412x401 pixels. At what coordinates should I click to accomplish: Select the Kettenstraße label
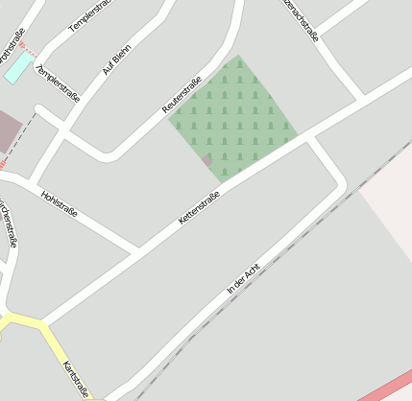click(199, 209)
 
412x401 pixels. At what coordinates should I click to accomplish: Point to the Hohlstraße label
click(60, 202)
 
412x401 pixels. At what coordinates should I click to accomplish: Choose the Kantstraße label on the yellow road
click(76, 379)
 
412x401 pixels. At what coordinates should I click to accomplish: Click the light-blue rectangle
click(18, 66)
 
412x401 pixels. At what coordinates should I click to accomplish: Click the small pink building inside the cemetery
click(206, 160)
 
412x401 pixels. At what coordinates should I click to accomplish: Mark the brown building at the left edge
click(8, 131)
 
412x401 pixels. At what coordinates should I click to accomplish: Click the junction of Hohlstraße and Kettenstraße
click(136, 251)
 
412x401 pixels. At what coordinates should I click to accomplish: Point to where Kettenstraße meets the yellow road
click(40, 323)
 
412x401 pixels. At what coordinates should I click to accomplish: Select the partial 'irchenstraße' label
click(9, 223)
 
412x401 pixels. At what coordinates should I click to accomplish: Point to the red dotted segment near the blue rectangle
click(28, 47)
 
